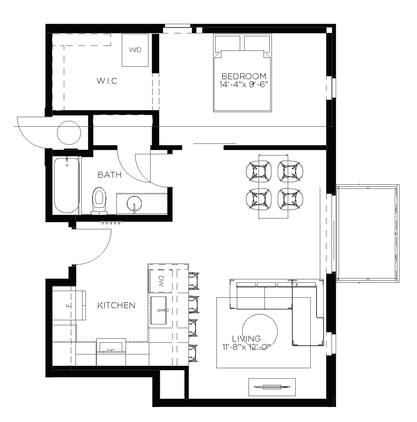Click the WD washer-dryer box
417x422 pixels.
coord(135,50)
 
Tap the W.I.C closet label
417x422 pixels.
coord(107,81)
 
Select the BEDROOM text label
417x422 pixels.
coord(244,76)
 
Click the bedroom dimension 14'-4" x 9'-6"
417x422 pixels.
coord(244,84)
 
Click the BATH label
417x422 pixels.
coord(110,175)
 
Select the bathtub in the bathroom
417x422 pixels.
coord(66,185)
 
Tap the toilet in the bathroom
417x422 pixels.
coord(99,199)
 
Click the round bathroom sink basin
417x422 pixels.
coord(134,204)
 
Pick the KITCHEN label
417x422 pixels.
coord(116,306)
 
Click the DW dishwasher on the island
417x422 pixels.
coord(162,279)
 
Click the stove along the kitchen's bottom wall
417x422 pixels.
coord(111,348)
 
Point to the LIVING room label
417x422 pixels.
coord(246,339)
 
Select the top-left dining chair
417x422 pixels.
coord(260,171)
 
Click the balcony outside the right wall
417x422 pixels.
coord(367,234)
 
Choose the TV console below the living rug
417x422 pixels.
coord(272,387)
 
